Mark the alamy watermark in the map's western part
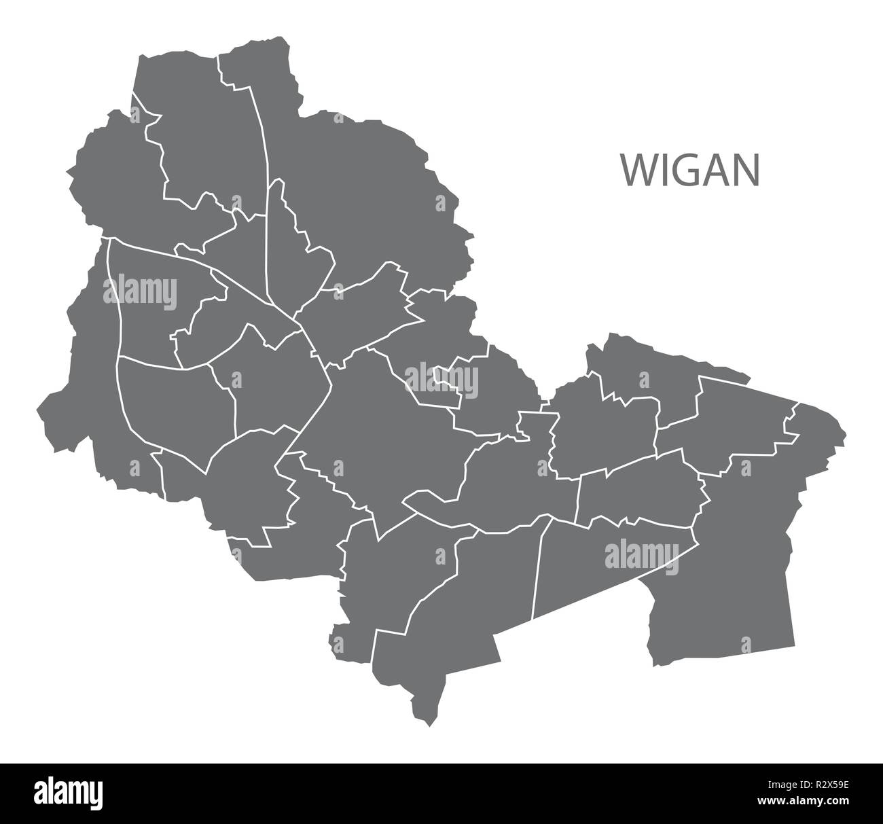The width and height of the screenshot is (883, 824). [140, 293]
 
